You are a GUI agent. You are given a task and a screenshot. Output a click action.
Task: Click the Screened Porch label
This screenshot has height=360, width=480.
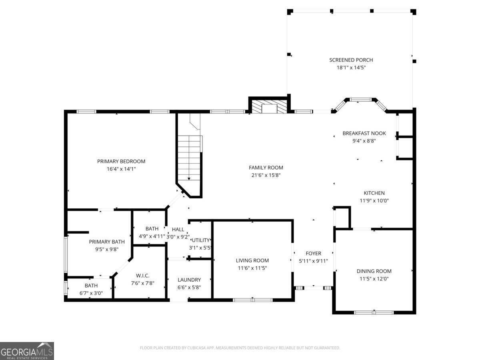(351, 60)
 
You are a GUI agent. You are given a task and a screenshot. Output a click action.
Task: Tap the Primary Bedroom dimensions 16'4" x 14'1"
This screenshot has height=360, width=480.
(121, 169)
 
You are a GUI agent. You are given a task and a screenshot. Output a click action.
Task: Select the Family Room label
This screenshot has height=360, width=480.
(266, 168)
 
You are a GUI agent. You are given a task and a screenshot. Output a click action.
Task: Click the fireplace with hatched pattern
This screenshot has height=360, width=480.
(269, 106)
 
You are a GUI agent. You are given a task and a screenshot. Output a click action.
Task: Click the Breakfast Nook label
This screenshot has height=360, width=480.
(364, 133)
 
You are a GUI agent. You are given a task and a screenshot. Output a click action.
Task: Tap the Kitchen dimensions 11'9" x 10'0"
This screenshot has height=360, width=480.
(374, 201)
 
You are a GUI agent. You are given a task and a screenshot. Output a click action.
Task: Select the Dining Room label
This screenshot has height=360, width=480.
(374, 271)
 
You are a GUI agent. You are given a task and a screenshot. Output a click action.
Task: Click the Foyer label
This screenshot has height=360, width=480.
(313, 253)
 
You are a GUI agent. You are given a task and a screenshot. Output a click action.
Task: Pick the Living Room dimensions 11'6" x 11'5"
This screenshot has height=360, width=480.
(252, 268)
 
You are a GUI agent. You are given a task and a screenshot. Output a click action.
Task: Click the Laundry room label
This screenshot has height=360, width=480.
(189, 280)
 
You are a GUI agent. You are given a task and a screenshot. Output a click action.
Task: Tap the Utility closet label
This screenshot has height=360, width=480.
(200, 240)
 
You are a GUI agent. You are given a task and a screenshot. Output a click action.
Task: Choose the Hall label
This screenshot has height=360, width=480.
(178, 229)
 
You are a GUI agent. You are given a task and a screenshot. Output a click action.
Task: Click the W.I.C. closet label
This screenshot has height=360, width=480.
(142, 276)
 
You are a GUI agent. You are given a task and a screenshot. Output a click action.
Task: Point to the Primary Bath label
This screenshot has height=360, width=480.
(106, 242)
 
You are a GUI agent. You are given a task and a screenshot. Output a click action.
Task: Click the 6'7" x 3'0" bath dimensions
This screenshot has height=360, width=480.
(91, 293)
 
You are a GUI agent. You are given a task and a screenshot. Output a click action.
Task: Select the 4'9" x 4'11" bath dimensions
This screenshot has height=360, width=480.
(152, 236)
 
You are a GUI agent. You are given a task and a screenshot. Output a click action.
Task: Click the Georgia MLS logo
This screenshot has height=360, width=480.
(27, 351)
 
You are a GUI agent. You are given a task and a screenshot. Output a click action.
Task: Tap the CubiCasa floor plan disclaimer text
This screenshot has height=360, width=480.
(240, 348)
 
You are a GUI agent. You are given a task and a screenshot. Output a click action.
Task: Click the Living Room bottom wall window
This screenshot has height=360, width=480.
(253, 300)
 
